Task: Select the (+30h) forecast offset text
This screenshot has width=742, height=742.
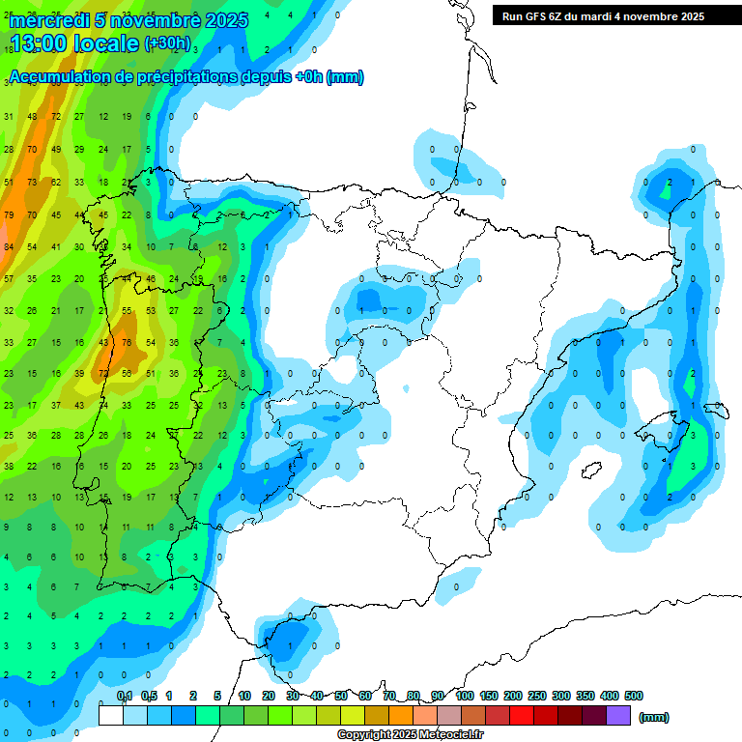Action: coord(167,43)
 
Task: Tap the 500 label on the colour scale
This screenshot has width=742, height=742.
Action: coord(634,696)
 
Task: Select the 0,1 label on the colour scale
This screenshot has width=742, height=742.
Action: coord(125,696)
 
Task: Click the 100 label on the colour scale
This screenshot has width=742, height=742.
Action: coord(464,696)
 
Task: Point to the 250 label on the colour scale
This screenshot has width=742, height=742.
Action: coord(536,696)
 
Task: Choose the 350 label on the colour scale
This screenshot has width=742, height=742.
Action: coord(585,696)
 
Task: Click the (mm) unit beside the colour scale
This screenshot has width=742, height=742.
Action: coord(655,717)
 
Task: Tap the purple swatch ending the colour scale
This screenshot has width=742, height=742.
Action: coord(618,716)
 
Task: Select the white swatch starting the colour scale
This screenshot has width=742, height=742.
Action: coord(111,716)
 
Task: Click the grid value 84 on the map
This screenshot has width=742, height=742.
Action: coord(9,246)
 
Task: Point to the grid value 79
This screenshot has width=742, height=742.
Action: coord(9,214)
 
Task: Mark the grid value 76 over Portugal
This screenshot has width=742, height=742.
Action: coord(127,342)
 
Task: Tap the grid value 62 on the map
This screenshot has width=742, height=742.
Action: coord(56,182)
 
